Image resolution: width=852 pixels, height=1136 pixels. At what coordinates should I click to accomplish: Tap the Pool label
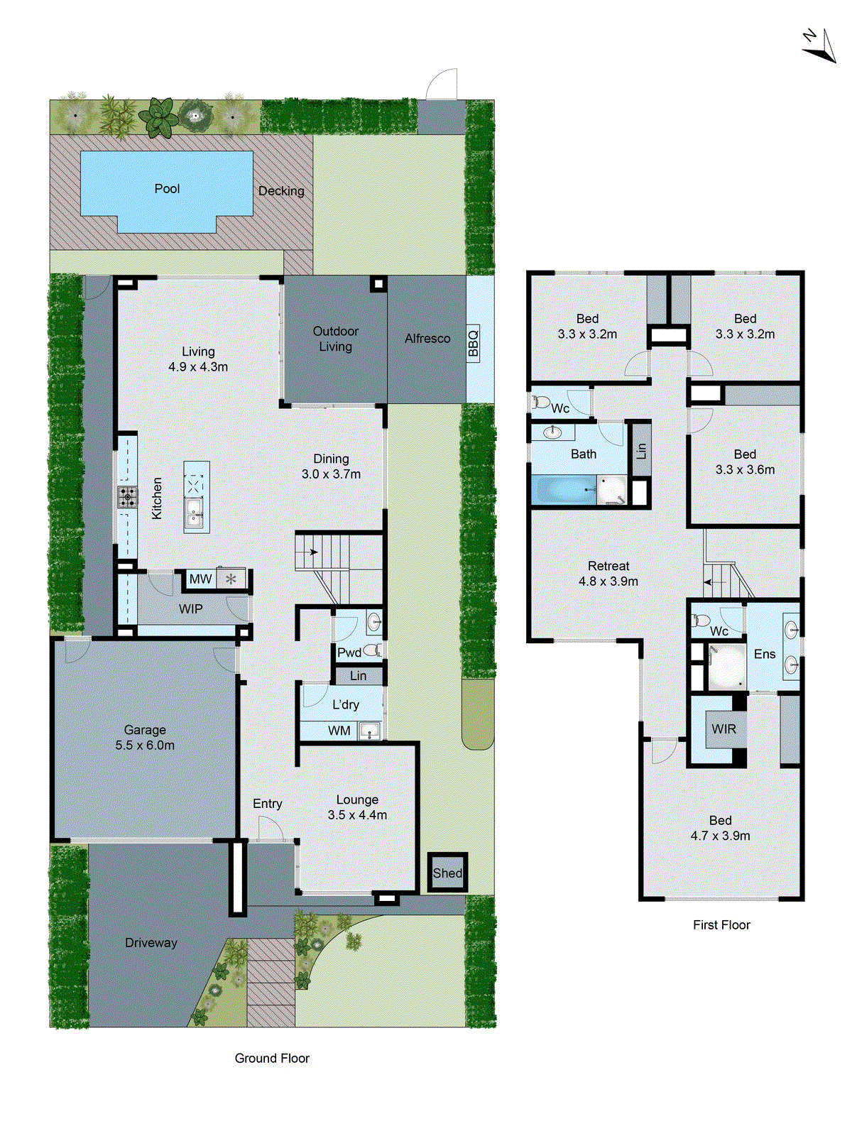point(167,189)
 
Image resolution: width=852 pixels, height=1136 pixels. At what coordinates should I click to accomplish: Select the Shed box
point(447,873)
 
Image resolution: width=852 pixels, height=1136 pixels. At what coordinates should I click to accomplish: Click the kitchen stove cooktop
point(128,497)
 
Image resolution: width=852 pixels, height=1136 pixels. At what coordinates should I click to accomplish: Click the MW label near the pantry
point(200,579)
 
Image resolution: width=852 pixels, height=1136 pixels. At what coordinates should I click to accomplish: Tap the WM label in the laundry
point(339,731)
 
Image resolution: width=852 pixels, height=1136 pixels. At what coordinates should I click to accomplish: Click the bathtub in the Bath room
point(563,491)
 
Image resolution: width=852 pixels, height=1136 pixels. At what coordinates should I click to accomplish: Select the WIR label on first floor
point(723,729)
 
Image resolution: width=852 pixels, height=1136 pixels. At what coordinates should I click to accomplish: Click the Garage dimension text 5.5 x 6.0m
point(145,745)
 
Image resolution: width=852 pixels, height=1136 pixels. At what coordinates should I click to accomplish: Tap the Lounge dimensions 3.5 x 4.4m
point(357,815)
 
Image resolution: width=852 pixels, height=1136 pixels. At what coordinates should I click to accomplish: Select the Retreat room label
point(608,566)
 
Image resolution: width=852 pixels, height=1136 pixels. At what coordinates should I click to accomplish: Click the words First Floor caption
point(721,925)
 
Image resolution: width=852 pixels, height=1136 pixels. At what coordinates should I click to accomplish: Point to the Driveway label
point(151,943)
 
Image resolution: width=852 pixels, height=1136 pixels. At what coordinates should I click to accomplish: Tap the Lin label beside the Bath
point(641,450)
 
